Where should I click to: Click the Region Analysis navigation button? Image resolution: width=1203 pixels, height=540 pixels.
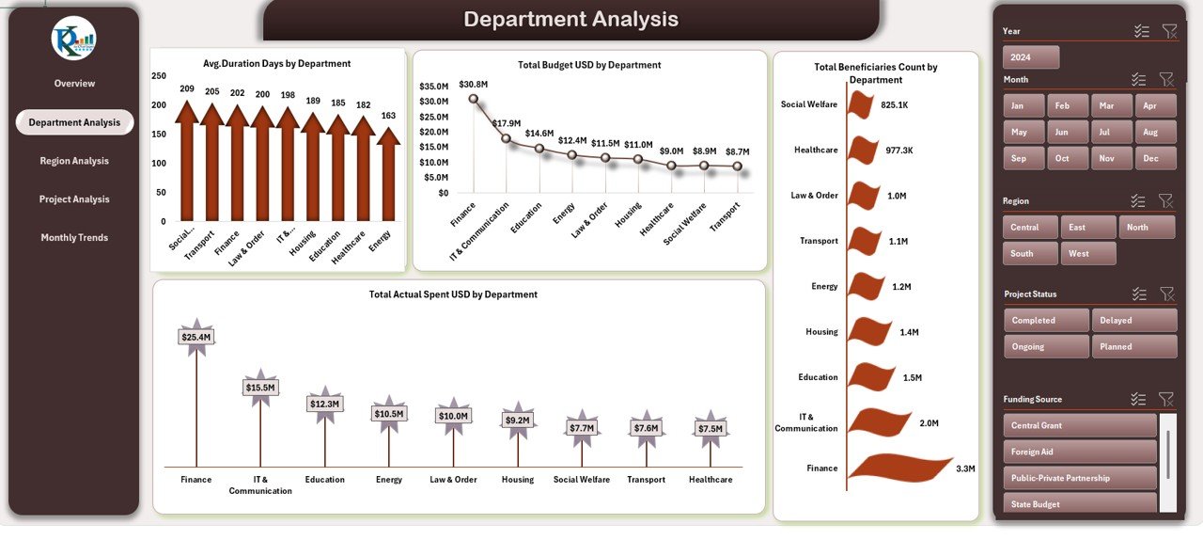(x=74, y=161)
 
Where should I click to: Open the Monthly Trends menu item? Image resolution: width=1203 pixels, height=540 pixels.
(x=74, y=238)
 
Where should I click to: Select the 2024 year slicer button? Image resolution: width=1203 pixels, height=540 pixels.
(x=1031, y=57)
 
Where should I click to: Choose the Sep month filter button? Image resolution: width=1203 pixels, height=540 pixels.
(x=1019, y=158)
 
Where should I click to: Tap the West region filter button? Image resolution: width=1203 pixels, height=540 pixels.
(x=1088, y=253)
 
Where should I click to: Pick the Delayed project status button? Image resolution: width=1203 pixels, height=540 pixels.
(x=1133, y=321)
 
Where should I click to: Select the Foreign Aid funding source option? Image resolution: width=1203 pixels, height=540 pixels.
(x=1079, y=452)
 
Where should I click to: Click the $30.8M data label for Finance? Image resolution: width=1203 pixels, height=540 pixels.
(x=473, y=85)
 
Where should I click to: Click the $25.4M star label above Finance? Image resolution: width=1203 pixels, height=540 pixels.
(x=196, y=337)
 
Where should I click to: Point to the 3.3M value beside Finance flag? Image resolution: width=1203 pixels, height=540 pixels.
(x=965, y=469)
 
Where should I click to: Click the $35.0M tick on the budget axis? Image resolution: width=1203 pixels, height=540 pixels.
(x=433, y=87)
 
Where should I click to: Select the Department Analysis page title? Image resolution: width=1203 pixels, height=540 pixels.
(x=570, y=20)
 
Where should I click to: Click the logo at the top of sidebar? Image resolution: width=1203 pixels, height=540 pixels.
(x=73, y=38)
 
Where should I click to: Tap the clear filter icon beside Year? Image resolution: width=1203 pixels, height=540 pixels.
(x=1169, y=31)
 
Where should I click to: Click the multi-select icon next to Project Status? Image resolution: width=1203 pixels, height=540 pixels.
(x=1138, y=294)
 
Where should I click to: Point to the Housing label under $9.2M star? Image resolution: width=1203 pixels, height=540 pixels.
(x=518, y=480)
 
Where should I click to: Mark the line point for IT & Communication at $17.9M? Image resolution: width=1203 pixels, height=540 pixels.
(x=506, y=138)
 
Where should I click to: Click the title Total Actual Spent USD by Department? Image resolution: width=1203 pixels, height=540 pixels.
(x=453, y=294)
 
